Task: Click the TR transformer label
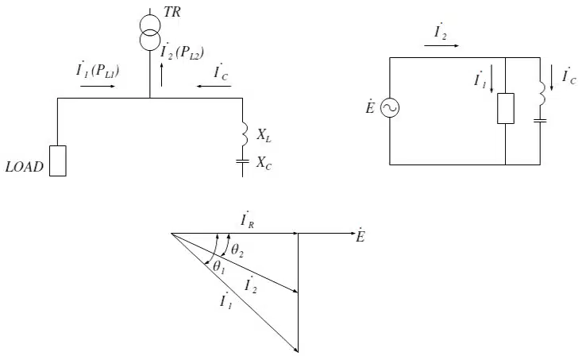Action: [172, 12]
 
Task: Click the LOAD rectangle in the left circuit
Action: [58, 161]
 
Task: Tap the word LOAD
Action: [25, 167]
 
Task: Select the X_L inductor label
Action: [264, 135]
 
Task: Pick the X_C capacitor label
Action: [264, 163]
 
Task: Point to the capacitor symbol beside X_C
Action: [242, 161]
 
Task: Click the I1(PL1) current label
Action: [98, 70]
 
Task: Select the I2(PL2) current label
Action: [182, 52]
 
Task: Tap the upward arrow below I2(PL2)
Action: [161, 75]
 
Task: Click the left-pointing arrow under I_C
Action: [214, 87]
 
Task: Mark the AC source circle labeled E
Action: [390, 108]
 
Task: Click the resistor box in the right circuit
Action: [506, 109]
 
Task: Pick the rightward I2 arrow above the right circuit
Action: [441, 45]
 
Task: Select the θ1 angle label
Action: [219, 267]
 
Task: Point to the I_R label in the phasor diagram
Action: [248, 221]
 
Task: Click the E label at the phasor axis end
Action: [360, 236]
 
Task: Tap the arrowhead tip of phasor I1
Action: [298, 352]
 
